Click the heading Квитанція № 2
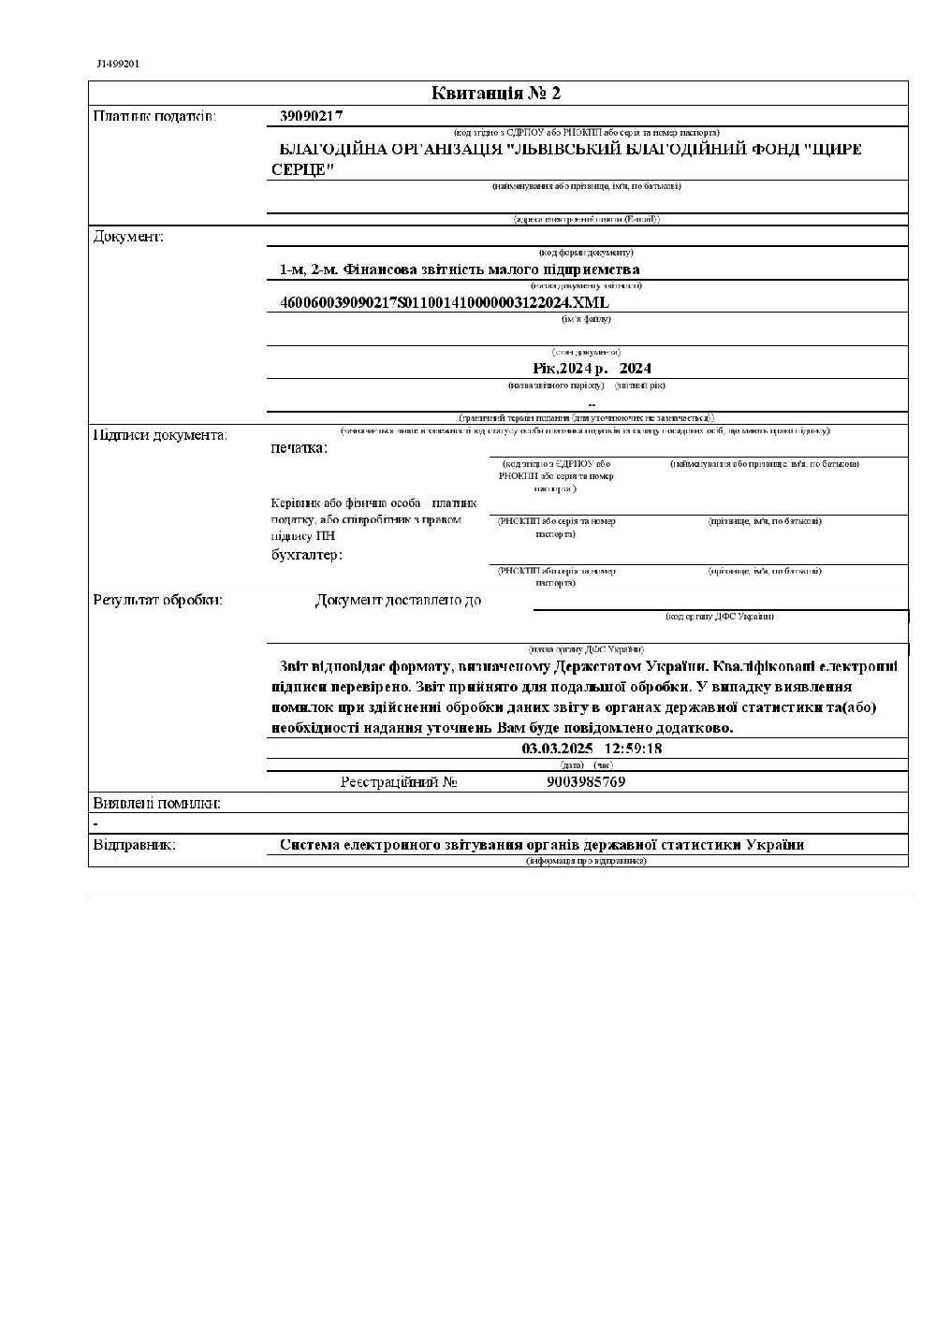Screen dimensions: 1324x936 (x=496, y=93)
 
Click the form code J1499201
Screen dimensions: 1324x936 (x=118, y=64)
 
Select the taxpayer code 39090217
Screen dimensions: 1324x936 (x=312, y=116)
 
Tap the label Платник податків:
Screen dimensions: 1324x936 (x=154, y=116)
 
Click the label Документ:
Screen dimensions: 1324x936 (x=128, y=236)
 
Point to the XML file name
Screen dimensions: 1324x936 (x=444, y=302)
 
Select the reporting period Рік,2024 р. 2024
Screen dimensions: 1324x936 (x=592, y=369)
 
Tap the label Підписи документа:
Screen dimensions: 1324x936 (x=160, y=435)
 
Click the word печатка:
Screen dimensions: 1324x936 (x=299, y=448)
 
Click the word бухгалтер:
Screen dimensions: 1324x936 (x=306, y=555)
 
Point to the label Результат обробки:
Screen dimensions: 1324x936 (x=158, y=600)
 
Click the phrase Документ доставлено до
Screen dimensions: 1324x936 (x=399, y=600)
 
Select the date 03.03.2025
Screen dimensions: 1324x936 (x=557, y=749)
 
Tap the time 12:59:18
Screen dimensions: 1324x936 (x=634, y=749)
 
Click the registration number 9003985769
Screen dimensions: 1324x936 (x=585, y=781)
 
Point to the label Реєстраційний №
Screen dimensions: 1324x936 (x=399, y=782)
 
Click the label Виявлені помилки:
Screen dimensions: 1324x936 (x=156, y=803)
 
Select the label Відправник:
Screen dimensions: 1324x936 (x=134, y=845)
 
